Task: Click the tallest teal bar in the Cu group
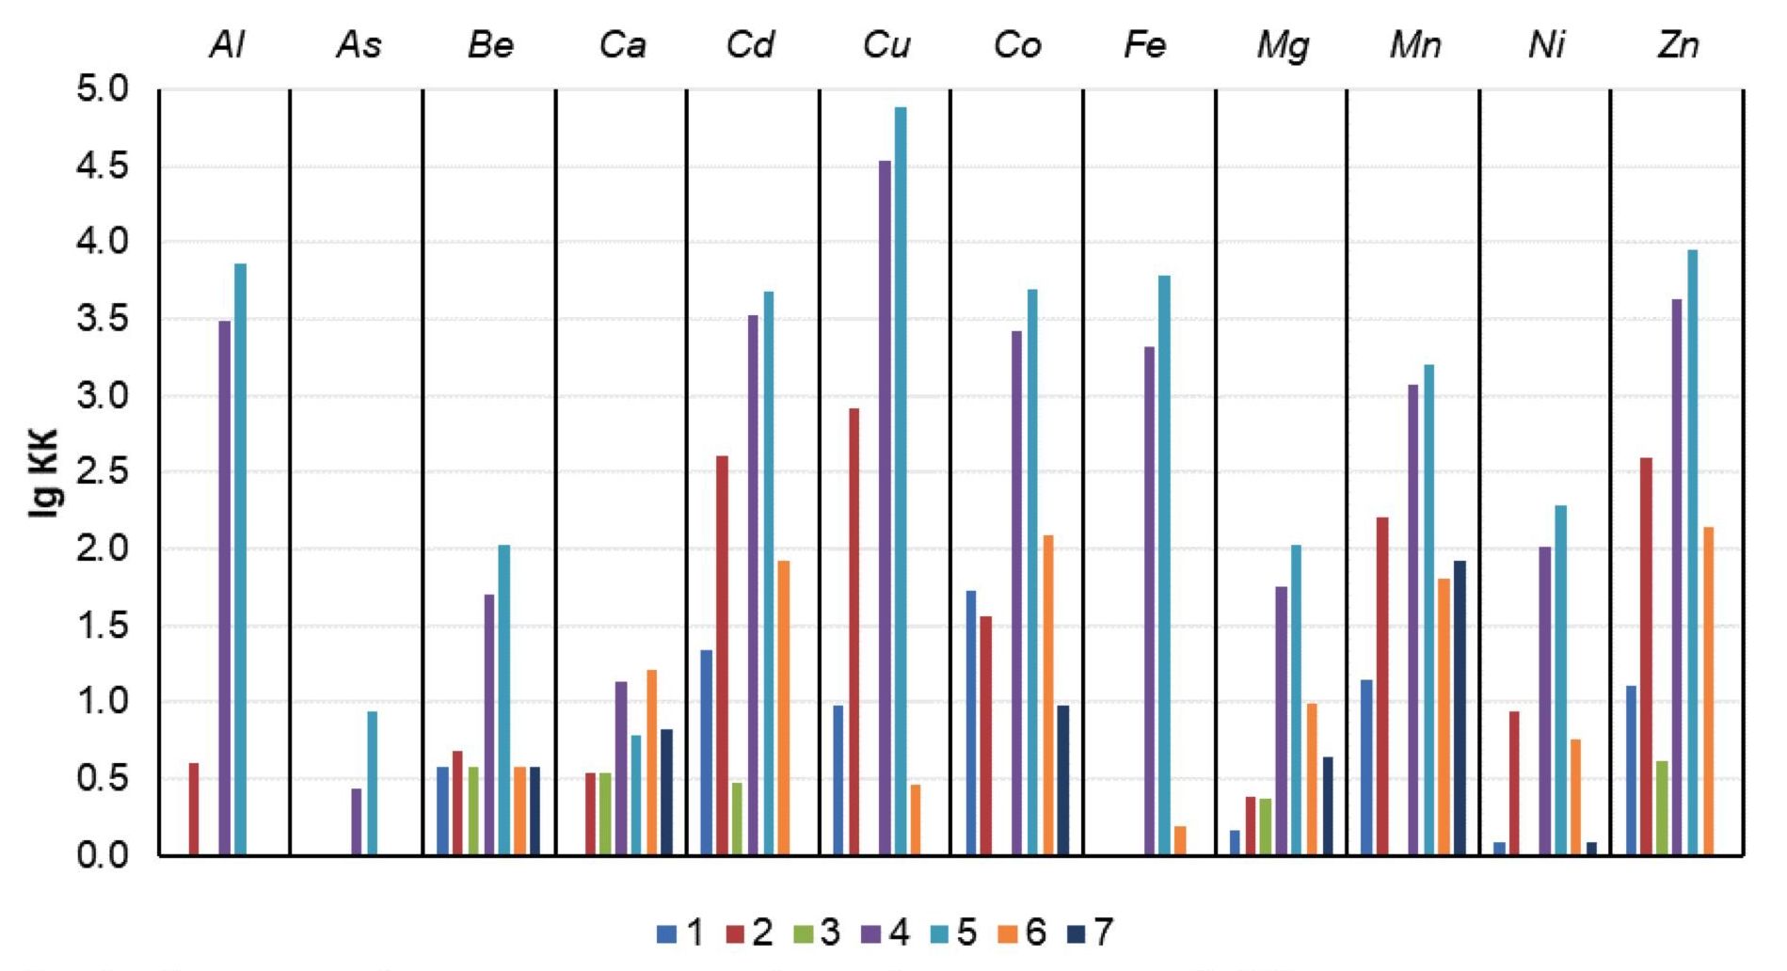901,480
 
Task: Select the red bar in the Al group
194,808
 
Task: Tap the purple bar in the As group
357,821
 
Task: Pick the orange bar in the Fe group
1180,840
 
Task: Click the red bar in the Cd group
722,655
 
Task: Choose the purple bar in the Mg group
1282,720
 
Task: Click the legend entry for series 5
954,932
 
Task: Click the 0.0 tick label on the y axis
104,855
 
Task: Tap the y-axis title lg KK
44,472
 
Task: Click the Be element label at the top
490,45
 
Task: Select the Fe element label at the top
1145,45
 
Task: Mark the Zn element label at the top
1678,45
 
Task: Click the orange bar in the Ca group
651,762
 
